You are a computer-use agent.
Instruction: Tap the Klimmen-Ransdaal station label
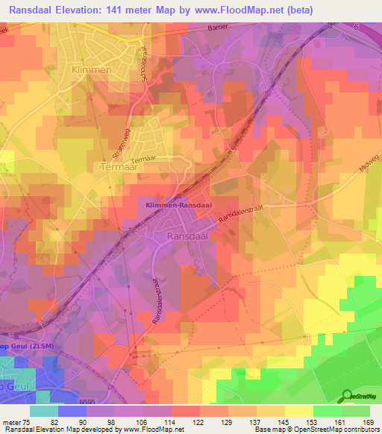[175, 204]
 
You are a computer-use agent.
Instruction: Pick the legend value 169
[367, 421]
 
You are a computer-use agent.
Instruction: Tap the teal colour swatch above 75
[45, 411]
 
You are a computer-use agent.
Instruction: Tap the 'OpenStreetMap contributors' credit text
[336, 430]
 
